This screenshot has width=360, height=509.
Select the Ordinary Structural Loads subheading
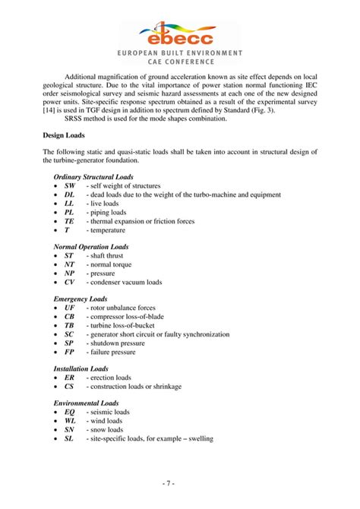pos(93,176)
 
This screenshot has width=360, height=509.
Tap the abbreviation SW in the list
pos(69,185)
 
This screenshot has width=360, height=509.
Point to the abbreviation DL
pos(69,194)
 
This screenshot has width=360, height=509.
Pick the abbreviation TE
pos(69,221)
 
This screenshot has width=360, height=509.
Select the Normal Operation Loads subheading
pos(90,247)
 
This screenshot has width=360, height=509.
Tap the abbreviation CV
pos(69,282)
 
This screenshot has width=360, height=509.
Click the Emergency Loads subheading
pos(80,299)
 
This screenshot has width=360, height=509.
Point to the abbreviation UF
pos(69,308)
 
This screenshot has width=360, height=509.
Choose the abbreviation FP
pos(69,352)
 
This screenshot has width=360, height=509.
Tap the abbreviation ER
pos(69,378)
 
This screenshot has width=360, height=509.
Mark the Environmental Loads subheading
pos(86,403)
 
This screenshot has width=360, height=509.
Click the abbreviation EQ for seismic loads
pos(69,412)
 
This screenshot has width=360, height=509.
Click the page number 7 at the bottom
pos(180,483)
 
